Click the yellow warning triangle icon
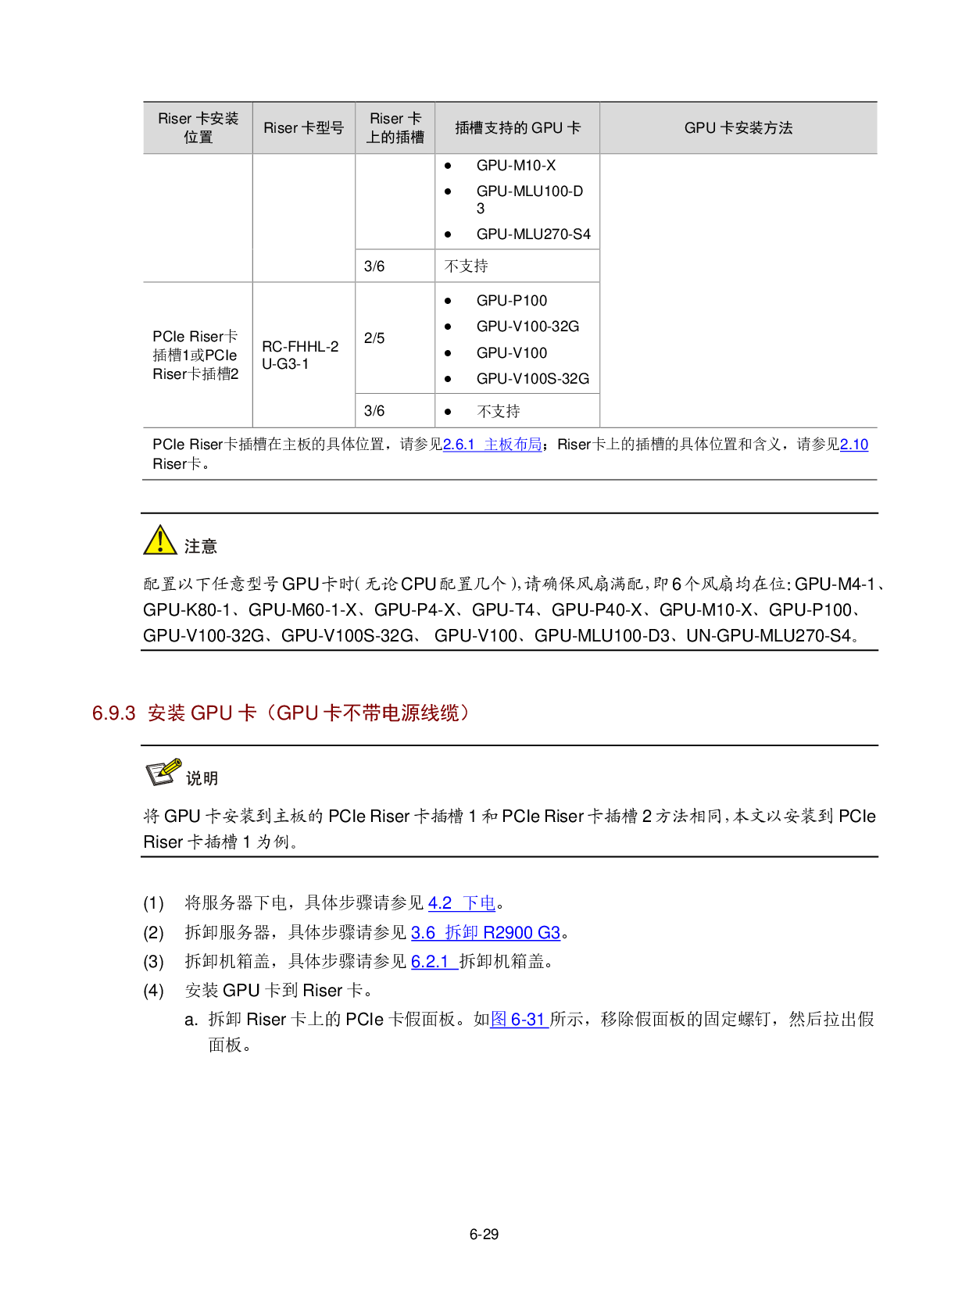pyautogui.click(x=159, y=540)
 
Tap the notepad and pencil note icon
pyautogui.click(x=163, y=772)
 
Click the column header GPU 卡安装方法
pyautogui.click(x=738, y=128)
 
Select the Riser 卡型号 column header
pyautogui.click(x=304, y=128)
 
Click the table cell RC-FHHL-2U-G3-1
pyautogui.click(x=300, y=356)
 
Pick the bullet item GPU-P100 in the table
pyautogui.click(x=512, y=301)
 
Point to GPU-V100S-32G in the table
pyautogui.click(x=533, y=379)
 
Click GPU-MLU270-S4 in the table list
pyautogui.click(x=533, y=234)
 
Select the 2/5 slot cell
pyautogui.click(x=374, y=338)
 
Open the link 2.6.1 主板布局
pyautogui.click(x=492, y=445)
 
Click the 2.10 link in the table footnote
pyautogui.click(x=854, y=445)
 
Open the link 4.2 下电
pyautogui.click(x=462, y=903)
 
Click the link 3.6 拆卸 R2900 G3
pyautogui.click(x=486, y=932)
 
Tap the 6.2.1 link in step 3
pyautogui.click(x=434, y=962)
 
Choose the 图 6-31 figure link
pyautogui.click(x=519, y=1019)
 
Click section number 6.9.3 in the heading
pyautogui.click(x=114, y=713)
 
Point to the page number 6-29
pyautogui.click(x=484, y=1235)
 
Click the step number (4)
pyautogui.click(x=154, y=991)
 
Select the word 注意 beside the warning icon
pyautogui.click(x=201, y=546)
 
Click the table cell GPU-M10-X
pyautogui.click(x=516, y=166)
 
